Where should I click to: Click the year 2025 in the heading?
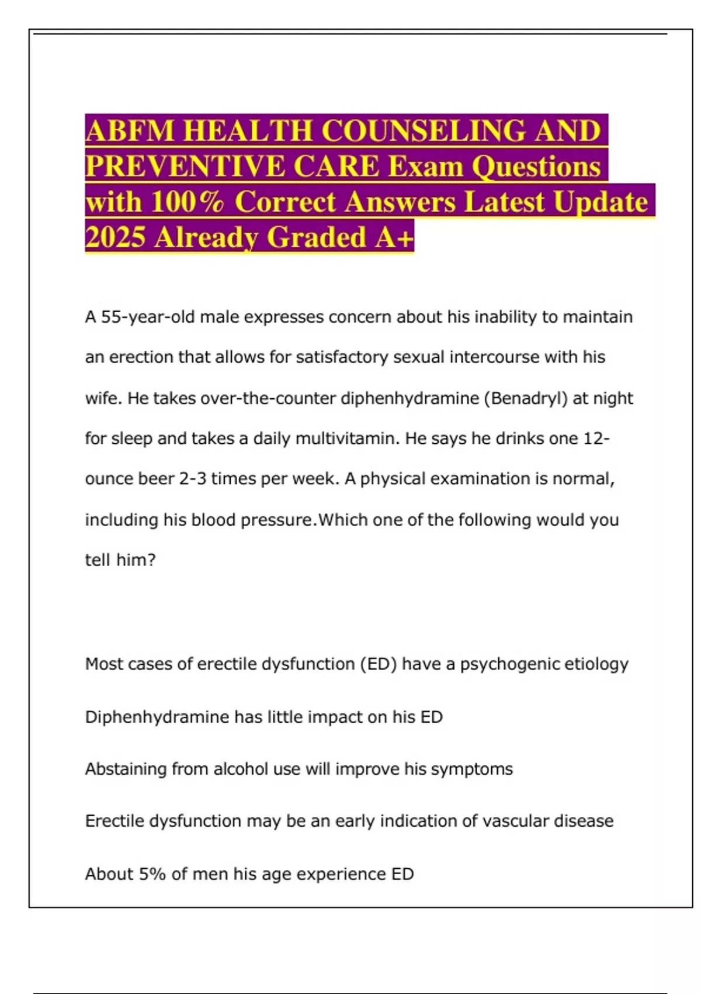(x=115, y=237)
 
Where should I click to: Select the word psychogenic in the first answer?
(x=501, y=664)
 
